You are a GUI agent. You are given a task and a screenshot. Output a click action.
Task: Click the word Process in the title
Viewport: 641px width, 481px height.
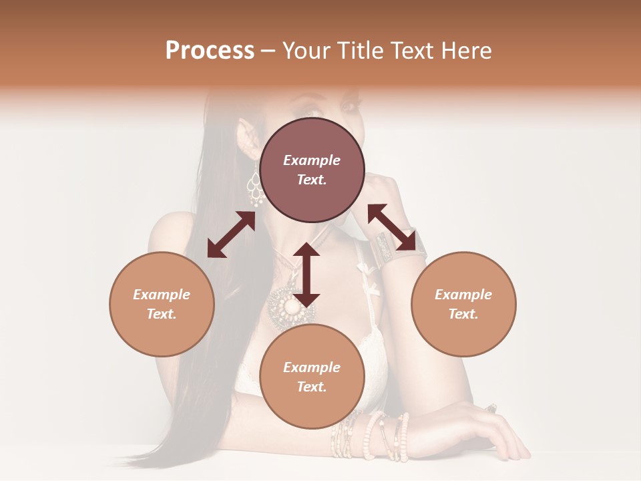tap(210, 51)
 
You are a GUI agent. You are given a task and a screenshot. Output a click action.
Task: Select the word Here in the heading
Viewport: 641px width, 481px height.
tap(465, 51)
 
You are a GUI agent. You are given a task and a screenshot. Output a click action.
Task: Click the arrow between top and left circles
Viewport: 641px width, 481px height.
tap(231, 234)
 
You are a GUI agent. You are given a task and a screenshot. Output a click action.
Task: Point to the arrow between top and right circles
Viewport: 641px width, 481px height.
tap(396, 227)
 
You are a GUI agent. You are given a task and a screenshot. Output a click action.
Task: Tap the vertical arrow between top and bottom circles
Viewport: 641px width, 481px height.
tap(306, 275)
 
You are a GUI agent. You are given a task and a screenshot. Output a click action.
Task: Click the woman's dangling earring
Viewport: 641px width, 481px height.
tap(254, 185)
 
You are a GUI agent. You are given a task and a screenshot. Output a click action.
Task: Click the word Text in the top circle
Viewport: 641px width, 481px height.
tap(312, 180)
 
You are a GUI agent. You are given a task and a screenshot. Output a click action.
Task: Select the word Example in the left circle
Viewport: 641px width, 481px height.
tap(162, 295)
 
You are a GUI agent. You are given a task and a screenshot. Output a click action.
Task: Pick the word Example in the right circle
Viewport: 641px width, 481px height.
tap(463, 295)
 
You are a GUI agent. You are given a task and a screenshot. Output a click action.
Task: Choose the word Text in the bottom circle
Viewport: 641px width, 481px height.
tap(312, 387)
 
